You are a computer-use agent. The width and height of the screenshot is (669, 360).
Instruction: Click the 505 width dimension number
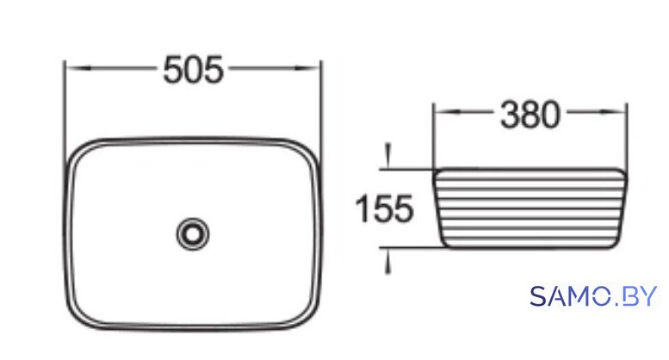(193, 70)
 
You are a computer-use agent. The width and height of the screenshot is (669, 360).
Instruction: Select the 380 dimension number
(530, 115)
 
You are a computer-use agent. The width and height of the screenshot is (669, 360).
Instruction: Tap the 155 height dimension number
(384, 208)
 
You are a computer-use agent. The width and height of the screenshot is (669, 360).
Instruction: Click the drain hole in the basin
(193, 233)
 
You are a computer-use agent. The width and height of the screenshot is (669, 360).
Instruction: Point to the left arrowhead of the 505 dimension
(78, 68)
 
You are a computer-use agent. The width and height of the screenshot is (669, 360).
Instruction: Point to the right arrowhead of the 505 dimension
(307, 68)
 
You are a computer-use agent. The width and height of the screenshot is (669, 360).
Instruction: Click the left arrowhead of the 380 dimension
(448, 112)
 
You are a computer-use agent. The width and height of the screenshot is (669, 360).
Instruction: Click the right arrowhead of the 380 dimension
(613, 112)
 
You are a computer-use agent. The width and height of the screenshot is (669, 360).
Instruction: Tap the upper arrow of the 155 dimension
(387, 156)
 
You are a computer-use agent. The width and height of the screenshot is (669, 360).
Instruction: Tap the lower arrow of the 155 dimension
(387, 260)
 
